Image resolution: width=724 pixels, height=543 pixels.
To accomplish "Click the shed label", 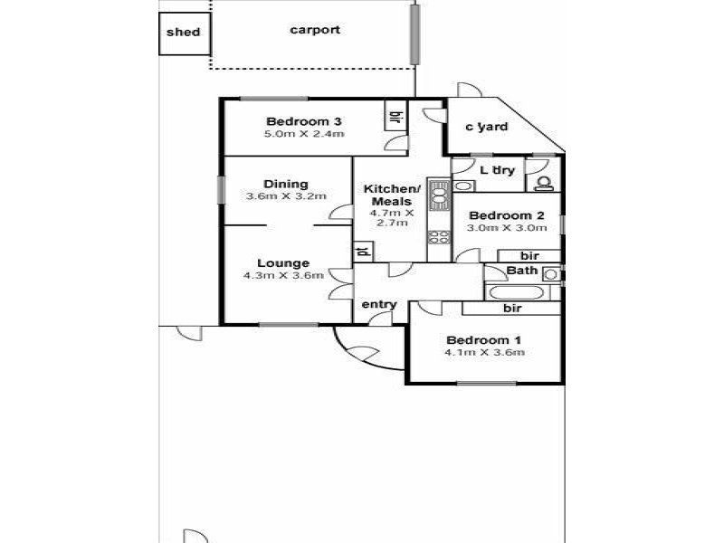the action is click(x=184, y=33).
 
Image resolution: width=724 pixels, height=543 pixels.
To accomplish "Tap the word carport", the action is click(x=315, y=31).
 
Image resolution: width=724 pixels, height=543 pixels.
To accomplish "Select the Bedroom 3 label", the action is click(x=304, y=121).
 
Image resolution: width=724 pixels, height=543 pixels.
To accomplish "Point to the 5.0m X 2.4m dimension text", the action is click(x=304, y=134).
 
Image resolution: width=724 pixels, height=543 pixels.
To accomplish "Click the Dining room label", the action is click(x=286, y=185).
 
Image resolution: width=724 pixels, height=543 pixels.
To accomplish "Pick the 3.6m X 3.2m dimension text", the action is click(x=286, y=196).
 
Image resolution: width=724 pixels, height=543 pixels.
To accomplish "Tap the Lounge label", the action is click(x=283, y=263).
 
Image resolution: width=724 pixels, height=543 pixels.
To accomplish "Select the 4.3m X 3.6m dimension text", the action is click(x=283, y=276).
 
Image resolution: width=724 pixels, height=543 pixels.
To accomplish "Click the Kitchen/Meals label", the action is click(x=392, y=195).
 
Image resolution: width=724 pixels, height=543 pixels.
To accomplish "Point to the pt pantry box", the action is click(x=363, y=252).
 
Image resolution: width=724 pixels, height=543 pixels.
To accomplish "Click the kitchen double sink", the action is click(x=439, y=196).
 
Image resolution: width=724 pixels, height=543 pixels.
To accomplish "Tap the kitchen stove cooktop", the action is click(x=439, y=237).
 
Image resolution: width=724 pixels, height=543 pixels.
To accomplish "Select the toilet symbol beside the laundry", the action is click(x=544, y=184).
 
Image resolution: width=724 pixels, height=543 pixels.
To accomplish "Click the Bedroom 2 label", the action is click(x=507, y=215).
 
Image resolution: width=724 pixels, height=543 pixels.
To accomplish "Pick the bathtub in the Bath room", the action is click(x=516, y=292).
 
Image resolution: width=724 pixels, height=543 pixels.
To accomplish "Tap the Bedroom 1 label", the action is click(x=484, y=340).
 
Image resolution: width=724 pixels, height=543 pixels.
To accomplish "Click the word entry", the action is click(x=379, y=305).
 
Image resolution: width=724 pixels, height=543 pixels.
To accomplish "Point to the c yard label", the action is click(x=487, y=127).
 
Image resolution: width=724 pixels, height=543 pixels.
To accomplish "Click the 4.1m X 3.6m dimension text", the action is click(x=484, y=353).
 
